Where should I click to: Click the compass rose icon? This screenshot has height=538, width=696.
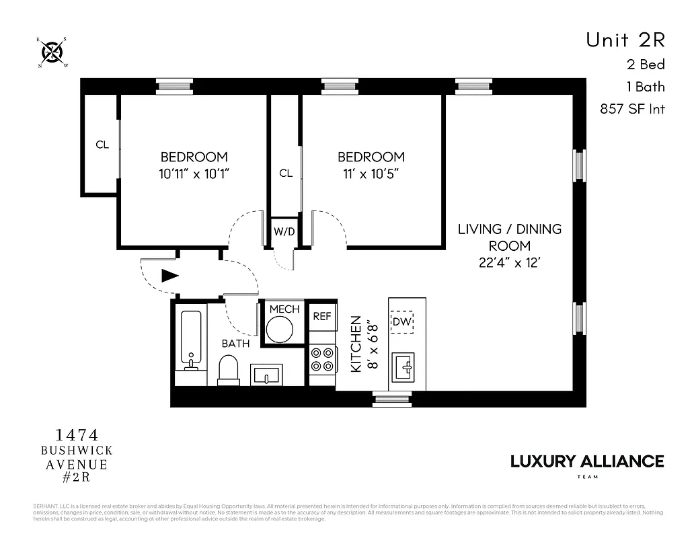pyautogui.click(x=52, y=52)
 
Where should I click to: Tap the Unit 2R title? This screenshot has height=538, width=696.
pyautogui.click(x=625, y=40)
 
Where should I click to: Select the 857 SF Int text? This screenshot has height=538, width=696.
pyautogui.click(x=632, y=109)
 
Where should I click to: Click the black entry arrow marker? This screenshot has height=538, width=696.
pyautogui.click(x=169, y=275)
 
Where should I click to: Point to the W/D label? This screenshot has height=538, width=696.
pyautogui.click(x=284, y=232)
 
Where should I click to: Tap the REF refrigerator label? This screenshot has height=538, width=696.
pyautogui.click(x=322, y=316)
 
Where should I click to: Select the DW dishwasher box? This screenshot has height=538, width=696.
pyautogui.click(x=402, y=322)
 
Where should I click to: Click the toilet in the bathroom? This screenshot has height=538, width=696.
pyautogui.click(x=229, y=369)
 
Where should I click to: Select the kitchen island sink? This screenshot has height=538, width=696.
pyautogui.click(x=407, y=367)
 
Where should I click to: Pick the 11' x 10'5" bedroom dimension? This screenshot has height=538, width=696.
pyautogui.click(x=371, y=174)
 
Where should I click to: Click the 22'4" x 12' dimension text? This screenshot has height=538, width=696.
pyautogui.click(x=509, y=263)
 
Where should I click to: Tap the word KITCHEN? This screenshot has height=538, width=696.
pyautogui.click(x=356, y=344)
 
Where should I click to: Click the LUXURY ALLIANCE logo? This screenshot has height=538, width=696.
pyautogui.click(x=587, y=461)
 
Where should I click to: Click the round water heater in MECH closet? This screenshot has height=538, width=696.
pyautogui.click(x=279, y=330)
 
